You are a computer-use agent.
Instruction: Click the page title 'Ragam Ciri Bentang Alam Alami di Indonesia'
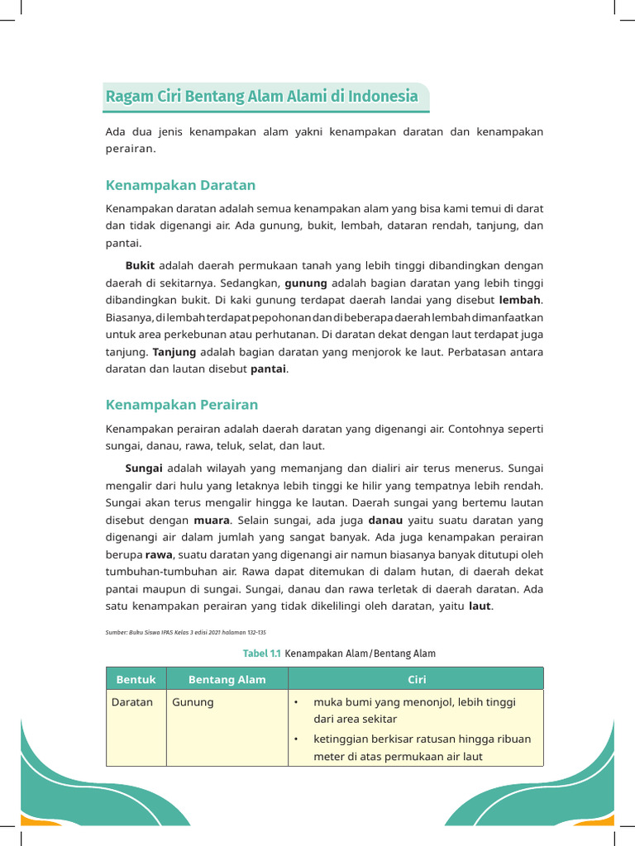coord(262,97)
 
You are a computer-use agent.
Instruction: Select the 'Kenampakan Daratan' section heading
coord(180,185)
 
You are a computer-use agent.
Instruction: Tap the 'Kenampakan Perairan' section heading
coord(182,405)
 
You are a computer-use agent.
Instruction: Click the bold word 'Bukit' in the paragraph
coord(140,266)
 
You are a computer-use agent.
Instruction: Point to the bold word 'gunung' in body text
coord(306,283)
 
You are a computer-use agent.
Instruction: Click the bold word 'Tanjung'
coord(174,352)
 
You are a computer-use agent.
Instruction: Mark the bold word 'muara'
coord(212,520)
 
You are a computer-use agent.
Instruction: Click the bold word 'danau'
coord(385,520)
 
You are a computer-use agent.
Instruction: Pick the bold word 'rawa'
coord(159,555)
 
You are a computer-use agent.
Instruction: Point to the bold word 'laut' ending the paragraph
coord(480,607)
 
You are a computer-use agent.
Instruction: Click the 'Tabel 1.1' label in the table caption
coord(261,654)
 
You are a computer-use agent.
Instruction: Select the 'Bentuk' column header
coord(136,679)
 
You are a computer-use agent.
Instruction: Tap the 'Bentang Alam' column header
coord(227,679)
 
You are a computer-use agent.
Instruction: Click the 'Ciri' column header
coord(416,679)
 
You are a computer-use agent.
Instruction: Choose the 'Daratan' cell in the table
coord(132,702)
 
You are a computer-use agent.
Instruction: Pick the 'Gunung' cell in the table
coord(193,702)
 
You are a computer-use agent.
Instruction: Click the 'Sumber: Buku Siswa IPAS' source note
coord(186,632)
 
